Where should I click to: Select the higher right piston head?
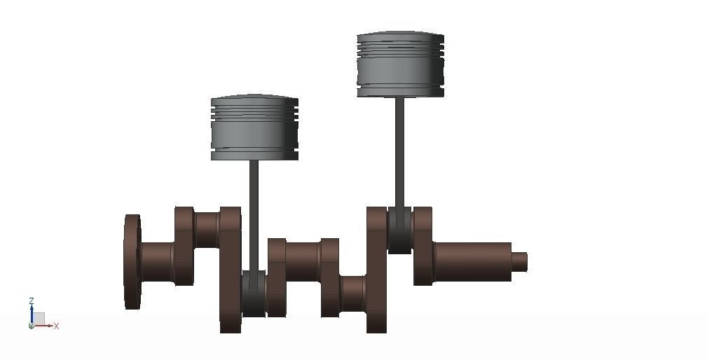[x=400, y=65]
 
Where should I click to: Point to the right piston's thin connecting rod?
[x=399, y=154]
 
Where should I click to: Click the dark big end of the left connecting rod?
[x=254, y=294]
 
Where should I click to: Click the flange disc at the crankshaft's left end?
[x=132, y=262]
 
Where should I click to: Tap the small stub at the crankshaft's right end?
[x=519, y=262]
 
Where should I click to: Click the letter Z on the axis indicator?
[x=32, y=301]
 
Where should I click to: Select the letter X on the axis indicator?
[x=56, y=326]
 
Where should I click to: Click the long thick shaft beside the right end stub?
[x=472, y=262]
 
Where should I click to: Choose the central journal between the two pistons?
[x=303, y=262]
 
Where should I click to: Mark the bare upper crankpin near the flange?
[x=207, y=229]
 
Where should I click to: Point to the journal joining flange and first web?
[x=157, y=262]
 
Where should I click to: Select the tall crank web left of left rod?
[x=230, y=270]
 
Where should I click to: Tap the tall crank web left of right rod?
[x=377, y=270]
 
